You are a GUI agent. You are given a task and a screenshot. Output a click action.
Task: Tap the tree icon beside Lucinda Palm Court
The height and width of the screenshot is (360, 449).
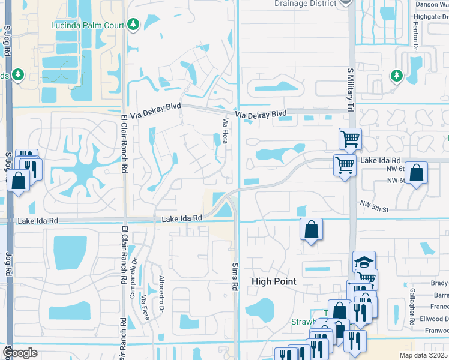133,25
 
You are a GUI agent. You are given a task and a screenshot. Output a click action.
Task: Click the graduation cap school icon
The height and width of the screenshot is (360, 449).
364,262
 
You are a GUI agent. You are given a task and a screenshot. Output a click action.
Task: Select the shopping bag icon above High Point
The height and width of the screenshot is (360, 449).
312,229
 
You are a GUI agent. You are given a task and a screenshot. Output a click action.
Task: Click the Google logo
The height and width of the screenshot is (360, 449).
20,353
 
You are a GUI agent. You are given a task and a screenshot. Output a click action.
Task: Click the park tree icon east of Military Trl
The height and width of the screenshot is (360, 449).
396,75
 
